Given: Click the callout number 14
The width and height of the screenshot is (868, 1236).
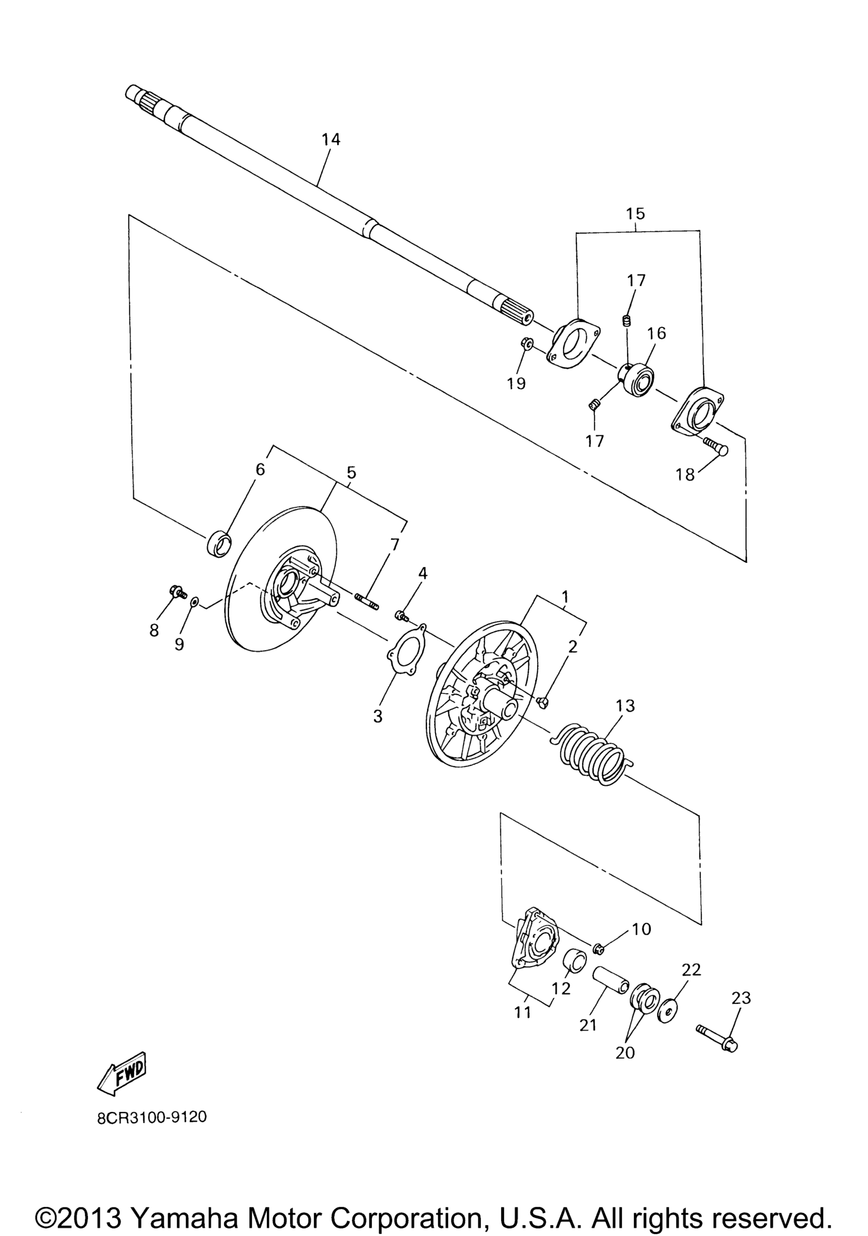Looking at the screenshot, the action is coord(331,140).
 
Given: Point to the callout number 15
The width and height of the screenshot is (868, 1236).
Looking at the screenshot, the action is coord(635,213).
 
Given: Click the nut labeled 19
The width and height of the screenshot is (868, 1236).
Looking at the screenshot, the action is coord(527,342).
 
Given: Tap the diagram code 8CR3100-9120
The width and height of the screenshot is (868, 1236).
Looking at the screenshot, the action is coord(152,1118).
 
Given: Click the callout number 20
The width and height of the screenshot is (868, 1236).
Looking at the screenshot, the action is coord(625,1052).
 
